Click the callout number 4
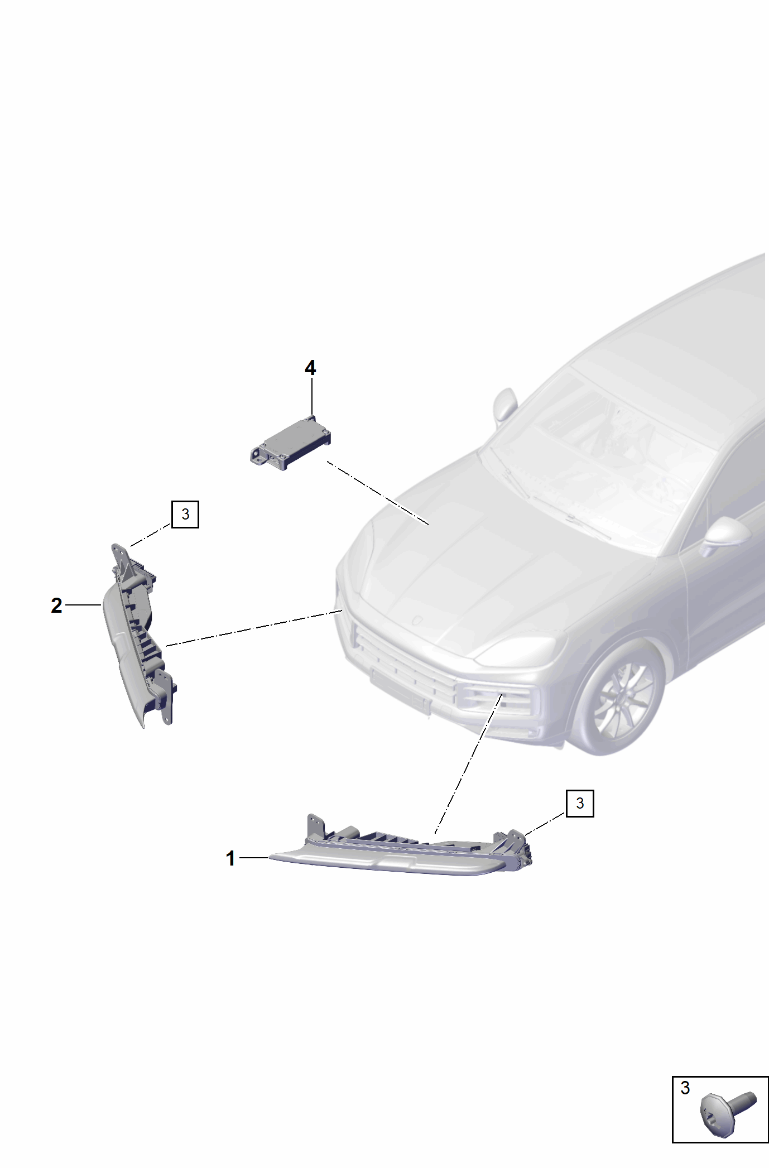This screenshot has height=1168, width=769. (310, 368)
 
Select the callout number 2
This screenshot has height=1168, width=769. (56, 605)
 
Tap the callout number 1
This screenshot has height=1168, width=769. (230, 858)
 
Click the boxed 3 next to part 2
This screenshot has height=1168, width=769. (185, 514)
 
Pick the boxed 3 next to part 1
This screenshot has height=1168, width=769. (580, 804)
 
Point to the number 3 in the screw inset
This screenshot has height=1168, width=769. (685, 1088)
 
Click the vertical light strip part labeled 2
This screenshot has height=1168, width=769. (140, 636)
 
